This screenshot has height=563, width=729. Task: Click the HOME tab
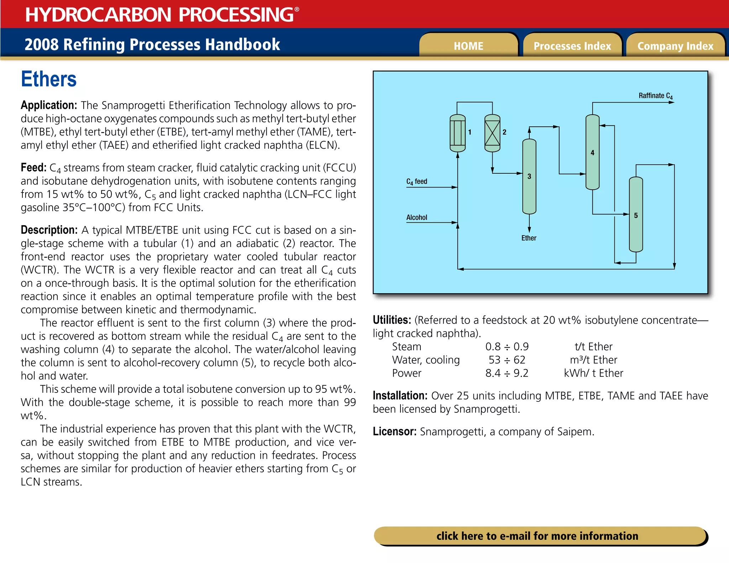point(468,46)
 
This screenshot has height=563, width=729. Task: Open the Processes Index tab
point(572,46)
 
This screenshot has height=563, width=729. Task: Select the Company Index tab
point(675,46)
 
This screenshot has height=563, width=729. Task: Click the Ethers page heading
point(49,79)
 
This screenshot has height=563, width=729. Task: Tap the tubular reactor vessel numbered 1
point(457,133)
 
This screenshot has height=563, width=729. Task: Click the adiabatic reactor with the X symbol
point(492,133)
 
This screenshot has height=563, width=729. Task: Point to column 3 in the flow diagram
point(529,176)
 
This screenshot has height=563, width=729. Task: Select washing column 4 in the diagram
point(592,152)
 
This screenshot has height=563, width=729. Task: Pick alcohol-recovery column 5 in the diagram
point(636,215)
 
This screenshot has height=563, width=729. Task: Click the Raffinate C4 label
point(655,96)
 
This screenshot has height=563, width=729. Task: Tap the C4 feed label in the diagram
point(416,181)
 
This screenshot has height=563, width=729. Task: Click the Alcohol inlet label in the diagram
point(416,217)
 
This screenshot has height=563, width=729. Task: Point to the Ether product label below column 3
point(529,238)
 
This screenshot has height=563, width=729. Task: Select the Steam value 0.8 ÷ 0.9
point(507,347)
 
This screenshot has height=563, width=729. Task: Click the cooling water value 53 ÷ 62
point(507,360)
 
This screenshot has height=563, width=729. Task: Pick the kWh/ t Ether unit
point(593,373)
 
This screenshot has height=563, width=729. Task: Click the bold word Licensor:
point(394,432)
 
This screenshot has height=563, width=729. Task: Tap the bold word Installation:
point(400,396)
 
